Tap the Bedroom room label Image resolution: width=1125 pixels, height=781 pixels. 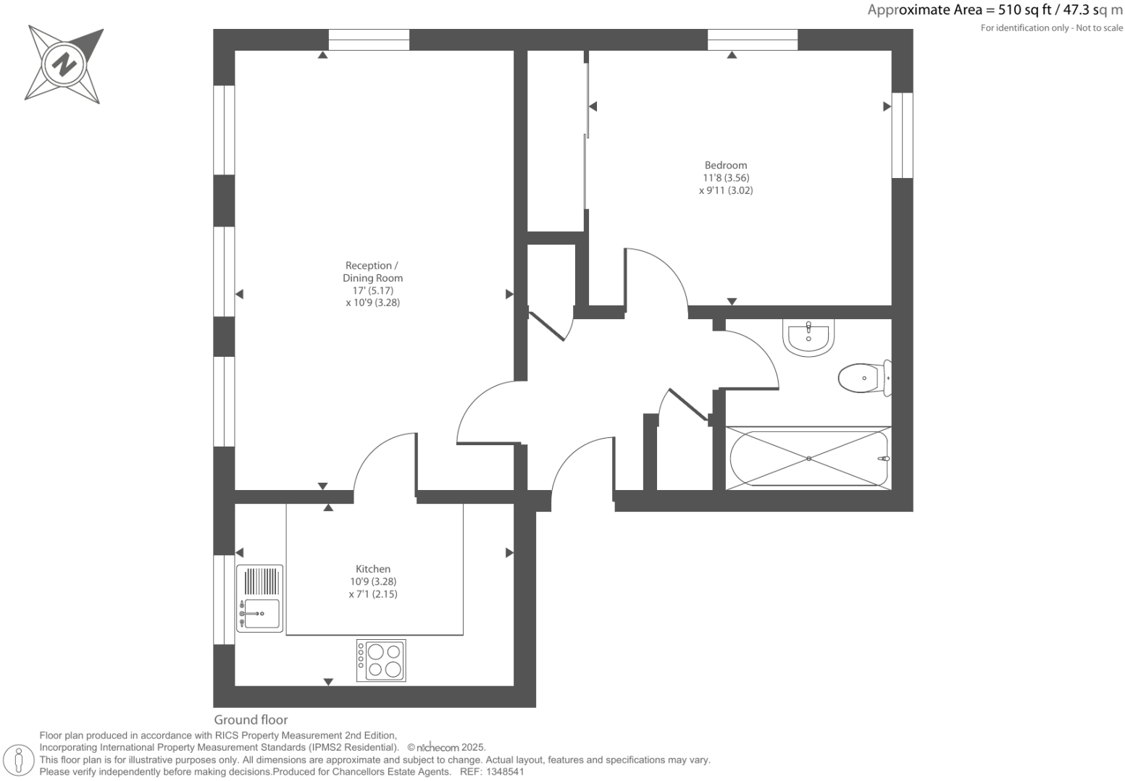[725, 165]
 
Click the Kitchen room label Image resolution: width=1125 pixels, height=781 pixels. [372, 569]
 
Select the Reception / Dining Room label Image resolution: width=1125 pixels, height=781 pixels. [372, 271]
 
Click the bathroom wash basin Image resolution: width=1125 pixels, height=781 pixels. [808, 338]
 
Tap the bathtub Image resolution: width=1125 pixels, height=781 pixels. [808, 458]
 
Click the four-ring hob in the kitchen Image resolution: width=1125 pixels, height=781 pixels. [381, 660]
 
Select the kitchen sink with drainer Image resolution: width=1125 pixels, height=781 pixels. [259, 599]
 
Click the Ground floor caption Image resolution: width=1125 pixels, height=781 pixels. [251, 719]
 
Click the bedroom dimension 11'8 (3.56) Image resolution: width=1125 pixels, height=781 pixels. [725, 178]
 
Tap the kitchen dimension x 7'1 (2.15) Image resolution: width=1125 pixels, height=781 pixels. [372, 594]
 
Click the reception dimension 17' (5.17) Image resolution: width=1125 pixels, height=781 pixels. [372, 290]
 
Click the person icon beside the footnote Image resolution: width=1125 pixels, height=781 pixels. [20, 760]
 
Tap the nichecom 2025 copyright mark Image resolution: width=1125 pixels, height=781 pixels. [446, 748]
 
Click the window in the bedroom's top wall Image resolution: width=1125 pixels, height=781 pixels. [752, 40]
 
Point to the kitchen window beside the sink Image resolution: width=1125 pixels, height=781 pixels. [224, 599]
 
